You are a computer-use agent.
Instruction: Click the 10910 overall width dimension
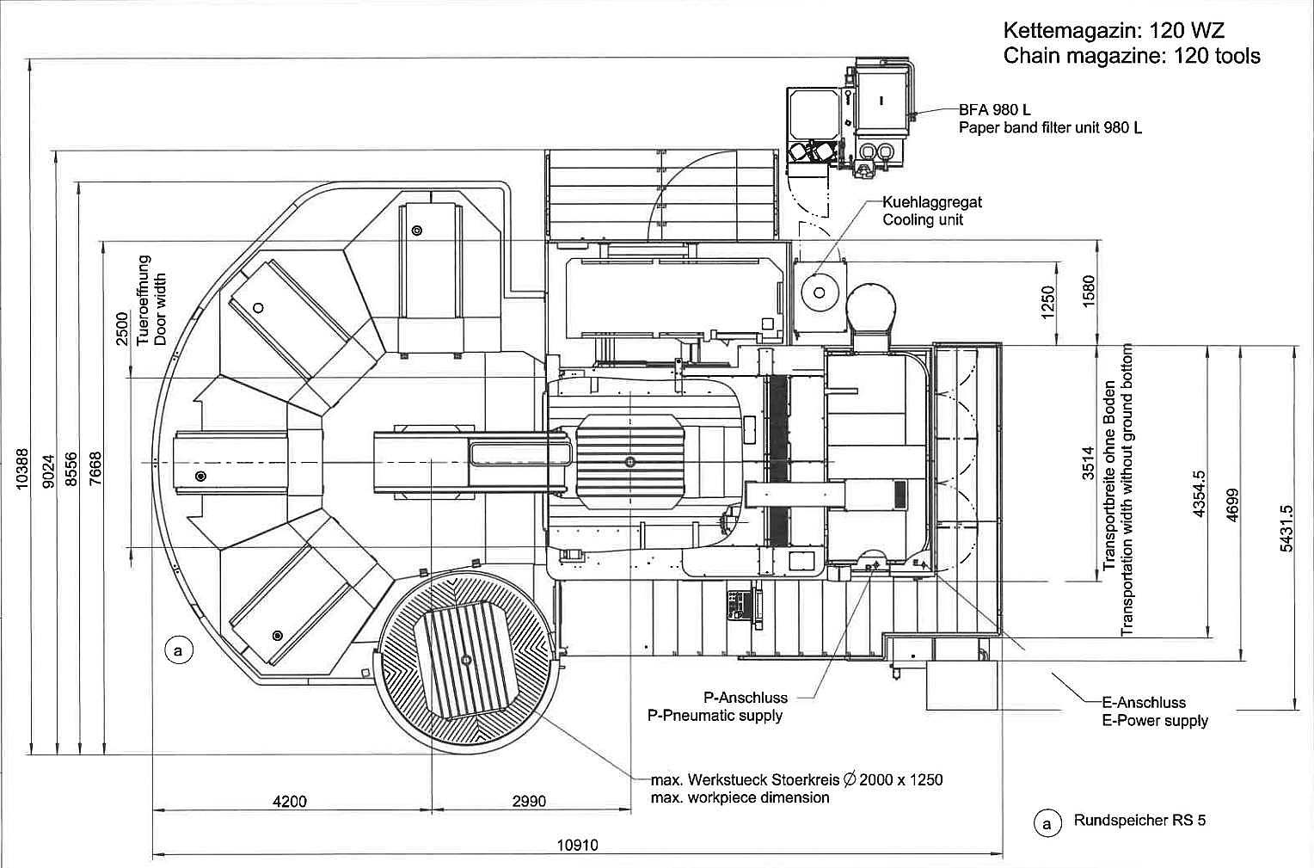coord(577,845)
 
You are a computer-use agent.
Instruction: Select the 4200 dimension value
coord(290,801)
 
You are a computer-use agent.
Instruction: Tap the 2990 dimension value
coord(529,801)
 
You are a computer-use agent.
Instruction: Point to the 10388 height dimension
coord(21,469)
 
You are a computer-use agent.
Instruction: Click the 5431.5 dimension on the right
coord(1286,528)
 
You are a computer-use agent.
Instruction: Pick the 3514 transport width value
coord(1088,464)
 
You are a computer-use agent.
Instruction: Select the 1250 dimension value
coord(1047,303)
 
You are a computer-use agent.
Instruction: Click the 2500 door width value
coord(121,329)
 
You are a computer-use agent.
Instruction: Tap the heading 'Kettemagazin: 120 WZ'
coord(1114,30)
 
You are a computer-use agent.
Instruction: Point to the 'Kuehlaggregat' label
coord(932,202)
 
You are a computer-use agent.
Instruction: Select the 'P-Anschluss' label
coord(746,698)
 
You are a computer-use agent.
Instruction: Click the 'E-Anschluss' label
coord(1144,703)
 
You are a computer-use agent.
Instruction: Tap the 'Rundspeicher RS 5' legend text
coord(1139,820)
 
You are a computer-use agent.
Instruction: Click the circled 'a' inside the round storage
coord(178,650)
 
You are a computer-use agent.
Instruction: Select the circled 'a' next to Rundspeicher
coord(1047,825)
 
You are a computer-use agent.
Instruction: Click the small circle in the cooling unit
coord(820,292)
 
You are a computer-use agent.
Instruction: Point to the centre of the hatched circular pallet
coord(466,660)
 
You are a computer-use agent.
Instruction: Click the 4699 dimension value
coord(1232,505)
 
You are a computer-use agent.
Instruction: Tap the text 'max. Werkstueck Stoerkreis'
coord(745,780)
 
